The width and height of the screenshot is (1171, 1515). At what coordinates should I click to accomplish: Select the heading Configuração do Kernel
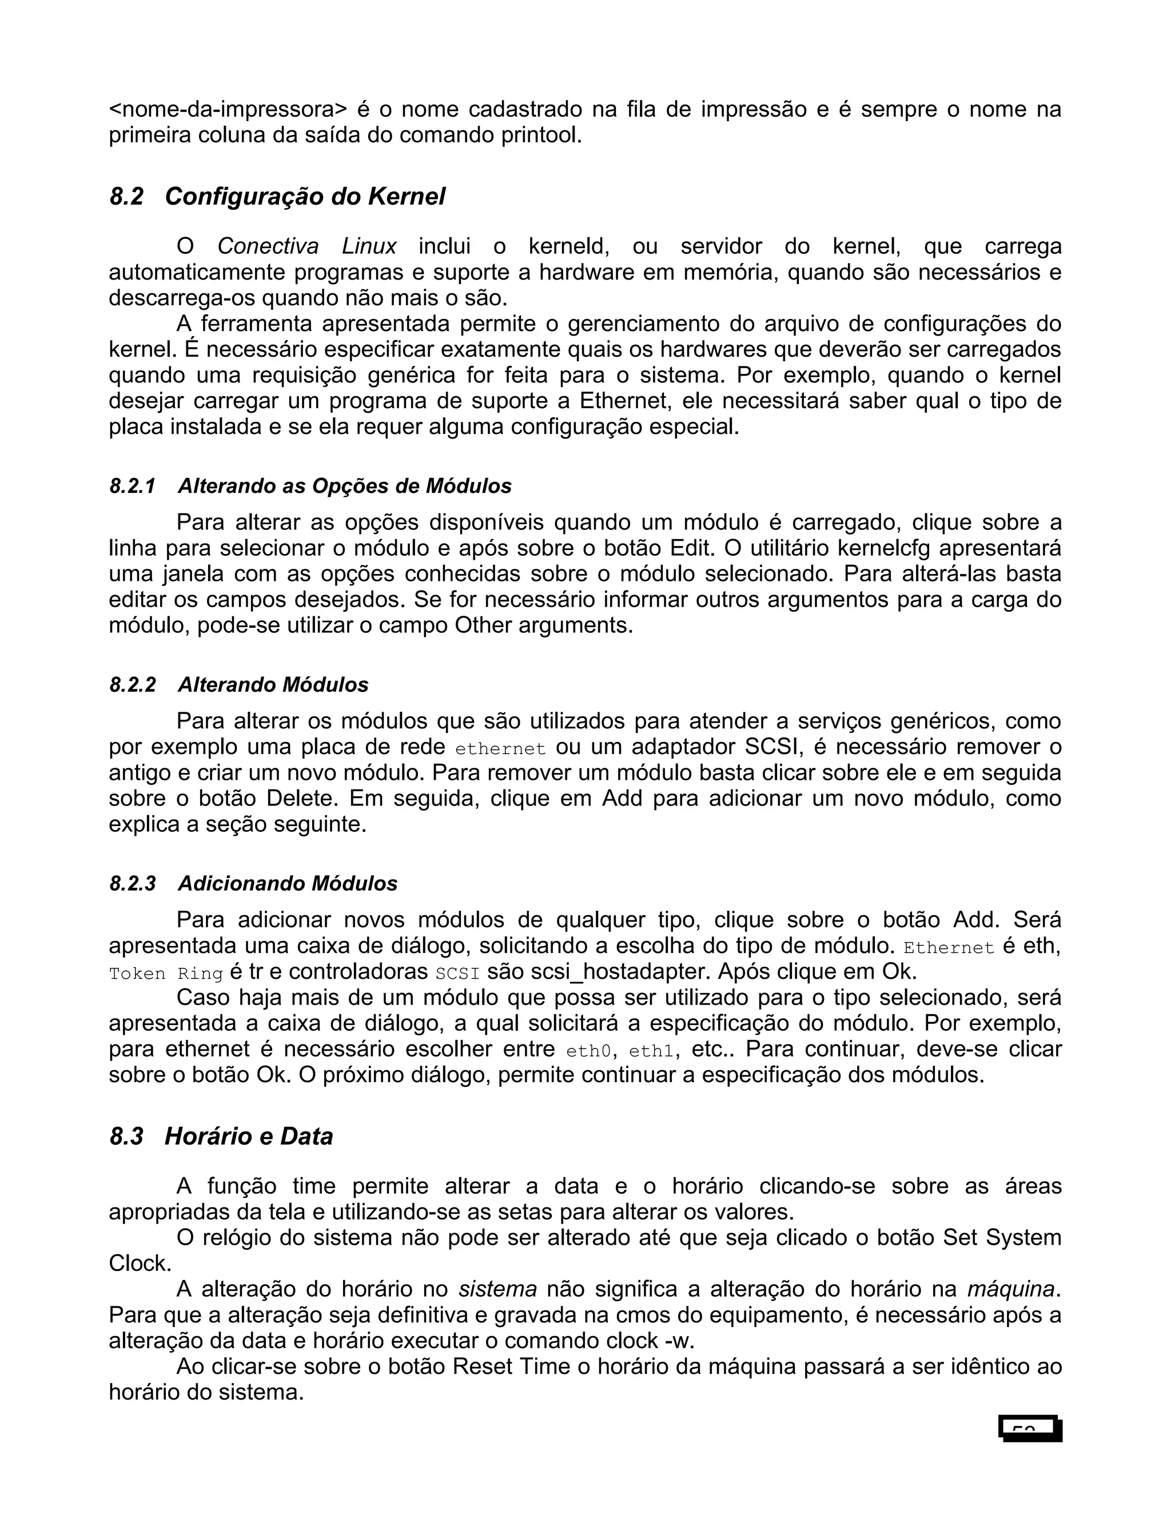(305, 197)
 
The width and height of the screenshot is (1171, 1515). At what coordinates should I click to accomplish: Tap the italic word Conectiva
(268, 246)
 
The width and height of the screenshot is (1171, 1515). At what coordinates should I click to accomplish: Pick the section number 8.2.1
(133, 487)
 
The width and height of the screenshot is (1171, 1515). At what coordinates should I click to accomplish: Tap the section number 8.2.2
(133, 685)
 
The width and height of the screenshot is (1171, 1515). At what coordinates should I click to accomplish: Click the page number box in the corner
(1030, 1428)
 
